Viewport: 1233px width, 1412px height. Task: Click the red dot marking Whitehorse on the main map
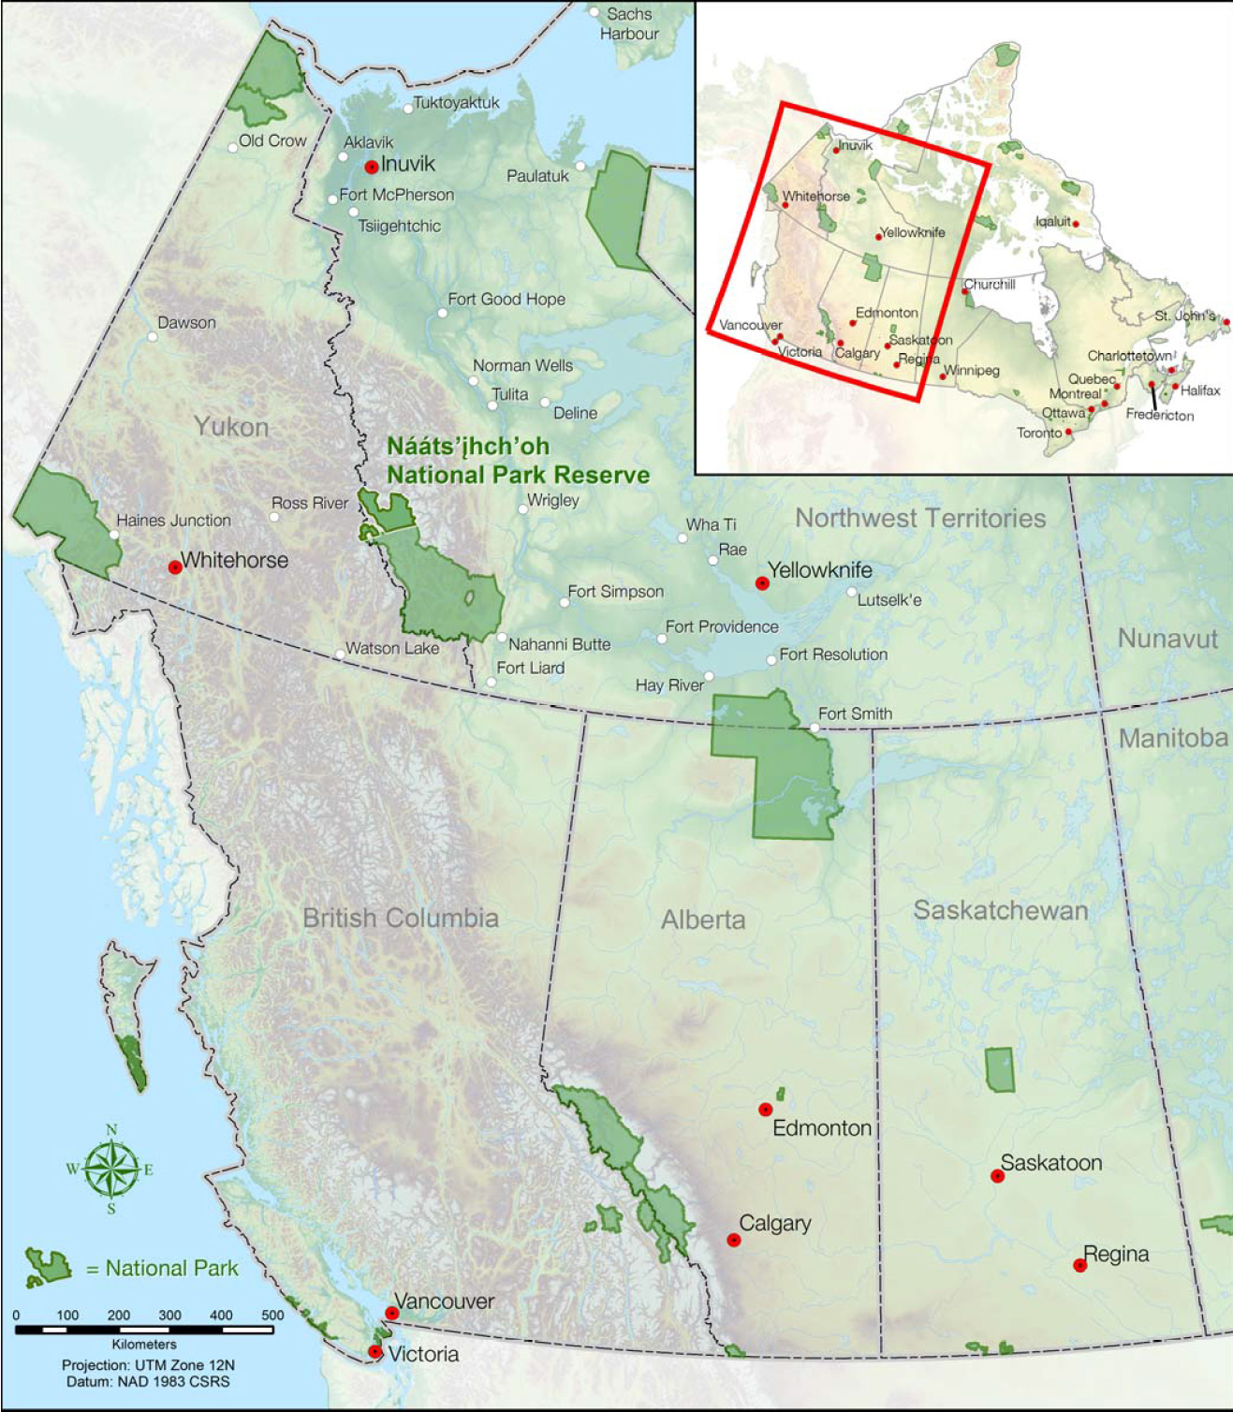(174, 567)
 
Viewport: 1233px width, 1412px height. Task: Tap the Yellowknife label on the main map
(819, 570)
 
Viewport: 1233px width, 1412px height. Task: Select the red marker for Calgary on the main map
(734, 1240)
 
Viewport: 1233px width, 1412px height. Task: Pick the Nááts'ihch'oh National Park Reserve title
(518, 461)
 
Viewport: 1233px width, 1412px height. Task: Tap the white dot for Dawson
(152, 337)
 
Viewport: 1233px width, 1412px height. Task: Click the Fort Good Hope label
(506, 300)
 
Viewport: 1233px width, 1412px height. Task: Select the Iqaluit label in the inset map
(1052, 222)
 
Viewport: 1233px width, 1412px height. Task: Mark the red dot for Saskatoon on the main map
(998, 1176)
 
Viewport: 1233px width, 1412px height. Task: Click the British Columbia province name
(400, 918)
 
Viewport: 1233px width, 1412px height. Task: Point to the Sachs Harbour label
(629, 24)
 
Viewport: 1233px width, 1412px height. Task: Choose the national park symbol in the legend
(48, 1267)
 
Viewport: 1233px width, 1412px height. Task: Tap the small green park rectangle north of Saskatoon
(1000, 1069)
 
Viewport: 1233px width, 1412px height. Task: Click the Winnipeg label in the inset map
(972, 371)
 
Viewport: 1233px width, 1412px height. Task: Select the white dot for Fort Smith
(815, 728)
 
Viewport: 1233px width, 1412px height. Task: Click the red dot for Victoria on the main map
(374, 1352)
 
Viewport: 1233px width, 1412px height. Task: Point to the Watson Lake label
(392, 648)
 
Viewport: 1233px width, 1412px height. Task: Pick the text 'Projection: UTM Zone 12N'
(148, 1365)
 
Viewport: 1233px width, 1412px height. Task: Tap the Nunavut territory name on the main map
(1167, 639)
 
